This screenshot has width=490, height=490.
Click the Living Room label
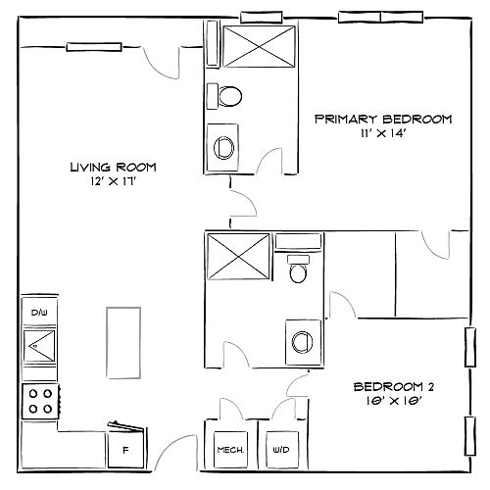click(x=114, y=168)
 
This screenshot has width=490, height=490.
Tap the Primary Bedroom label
click(x=383, y=120)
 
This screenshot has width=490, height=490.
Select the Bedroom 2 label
click(x=394, y=387)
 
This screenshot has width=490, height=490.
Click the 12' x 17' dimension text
click(x=113, y=181)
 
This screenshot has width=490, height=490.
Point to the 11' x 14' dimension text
click(x=383, y=133)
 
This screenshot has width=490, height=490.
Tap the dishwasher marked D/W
click(x=39, y=312)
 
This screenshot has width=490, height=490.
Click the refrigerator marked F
click(x=125, y=450)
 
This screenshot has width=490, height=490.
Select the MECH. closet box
click(x=230, y=450)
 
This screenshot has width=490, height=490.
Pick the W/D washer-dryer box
click(x=281, y=450)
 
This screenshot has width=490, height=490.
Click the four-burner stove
click(x=40, y=402)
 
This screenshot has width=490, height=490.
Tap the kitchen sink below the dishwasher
click(x=39, y=346)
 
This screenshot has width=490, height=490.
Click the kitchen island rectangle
click(x=123, y=343)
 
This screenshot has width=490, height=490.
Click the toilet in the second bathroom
click(x=298, y=269)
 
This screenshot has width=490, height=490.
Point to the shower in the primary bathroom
click(x=259, y=47)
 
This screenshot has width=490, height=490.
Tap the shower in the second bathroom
click(x=238, y=257)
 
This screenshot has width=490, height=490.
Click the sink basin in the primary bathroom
click(x=224, y=148)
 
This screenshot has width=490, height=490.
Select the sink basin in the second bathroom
click(x=302, y=342)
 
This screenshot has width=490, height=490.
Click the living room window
click(x=94, y=47)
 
